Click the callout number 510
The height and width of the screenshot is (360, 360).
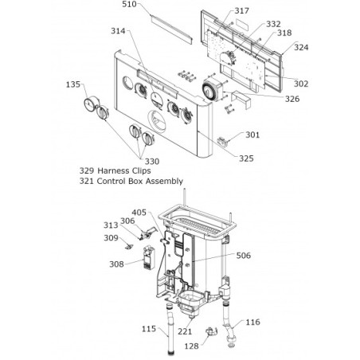[x=129, y=4]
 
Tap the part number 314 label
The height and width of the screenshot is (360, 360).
[x=118, y=31]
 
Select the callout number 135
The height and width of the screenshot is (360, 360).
[x=73, y=84]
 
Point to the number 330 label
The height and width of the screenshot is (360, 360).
[x=152, y=162]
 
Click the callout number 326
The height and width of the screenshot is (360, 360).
[x=292, y=99]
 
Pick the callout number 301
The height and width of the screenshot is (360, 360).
[x=252, y=135]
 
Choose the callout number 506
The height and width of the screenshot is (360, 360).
[x=244, y=256]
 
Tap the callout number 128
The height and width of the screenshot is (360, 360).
[x=191, y=346]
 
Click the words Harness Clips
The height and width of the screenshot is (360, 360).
[x=124, y=170]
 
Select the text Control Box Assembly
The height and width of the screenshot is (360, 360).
[x=140, y=181]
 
